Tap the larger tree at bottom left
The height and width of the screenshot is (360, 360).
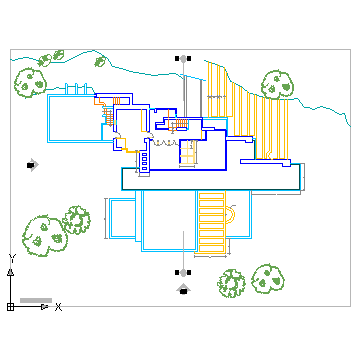(x=43, y=233)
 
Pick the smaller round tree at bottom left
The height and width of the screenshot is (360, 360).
(x=77, y=220)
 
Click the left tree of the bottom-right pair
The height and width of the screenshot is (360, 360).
(x=232, y=283)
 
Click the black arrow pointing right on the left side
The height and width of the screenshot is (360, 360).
(x=33, y=165)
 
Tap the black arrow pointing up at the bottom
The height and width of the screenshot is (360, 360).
(x=183, y=289)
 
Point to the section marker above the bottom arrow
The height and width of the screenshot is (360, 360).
(x=181, y=271)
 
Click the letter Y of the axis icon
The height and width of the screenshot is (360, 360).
(x=11, y=259)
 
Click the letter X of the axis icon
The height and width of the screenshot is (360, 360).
(x=58, y=306)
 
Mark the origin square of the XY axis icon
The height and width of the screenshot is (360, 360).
(x=10, y=306)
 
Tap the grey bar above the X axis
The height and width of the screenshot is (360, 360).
(x=35, y=299)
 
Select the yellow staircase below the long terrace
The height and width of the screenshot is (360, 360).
(x=212, y=215)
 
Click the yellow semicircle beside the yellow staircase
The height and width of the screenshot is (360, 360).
(x=233, y=213)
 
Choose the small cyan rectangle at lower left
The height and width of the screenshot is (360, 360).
(x=121, y=220)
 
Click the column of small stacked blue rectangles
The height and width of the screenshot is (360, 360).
(x=143, y=161)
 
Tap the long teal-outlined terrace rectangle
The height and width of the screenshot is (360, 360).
(x=211, y=179)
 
